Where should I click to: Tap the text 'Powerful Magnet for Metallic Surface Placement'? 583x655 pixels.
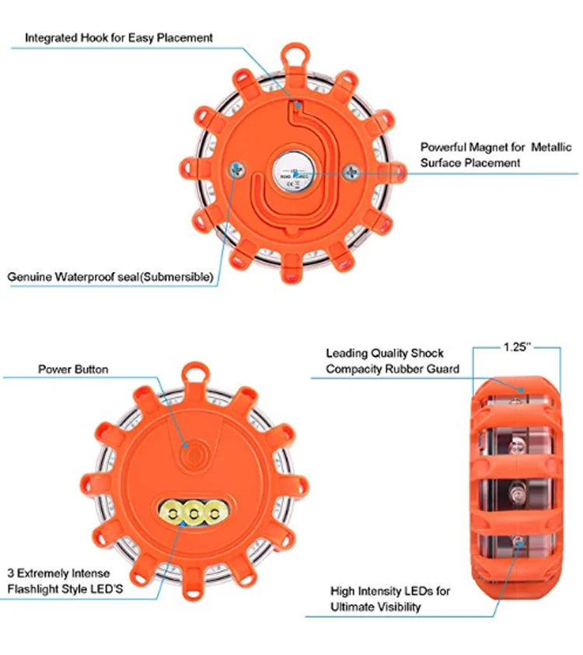(481, 155)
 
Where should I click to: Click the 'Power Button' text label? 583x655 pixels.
(74, 369)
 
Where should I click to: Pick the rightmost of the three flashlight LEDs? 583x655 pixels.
(211, 511)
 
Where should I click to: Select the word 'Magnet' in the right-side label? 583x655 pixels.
(486, 147)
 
